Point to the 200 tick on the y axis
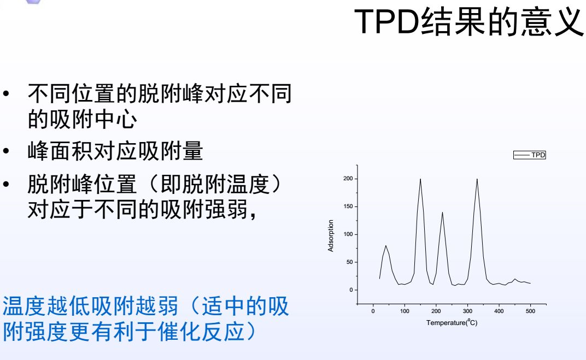(x=348, y=179)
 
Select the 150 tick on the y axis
(x=348, y=207)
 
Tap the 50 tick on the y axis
(x=349, y=262)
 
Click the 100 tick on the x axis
(x=405, y=311)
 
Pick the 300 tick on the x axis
(x=467, y=311)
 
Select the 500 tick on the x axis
(x=530, y=311)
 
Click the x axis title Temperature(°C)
(x=452, y=322)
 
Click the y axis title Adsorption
(x=331, y=236)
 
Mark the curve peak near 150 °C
(x=420, y=179)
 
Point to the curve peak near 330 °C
(x=477, y=179)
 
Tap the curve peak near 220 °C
(x=442, y=213)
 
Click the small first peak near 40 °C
(x=386, y=246)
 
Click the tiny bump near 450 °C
(x=515, y=279)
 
